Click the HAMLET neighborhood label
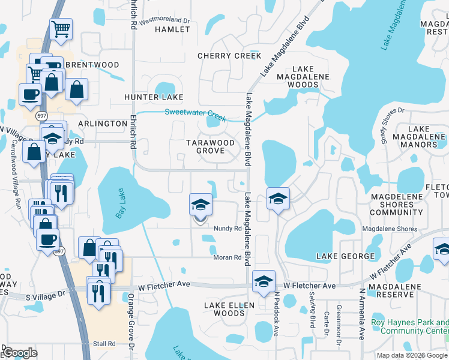tap(172, 29)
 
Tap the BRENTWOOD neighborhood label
tap(92, 65)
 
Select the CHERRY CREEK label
tap(230, 56)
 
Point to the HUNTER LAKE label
tap(153, 97)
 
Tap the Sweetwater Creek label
tap(191, 112)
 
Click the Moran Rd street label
tap(227, 258)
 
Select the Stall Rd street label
tap(104, 344)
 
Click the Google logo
tap(20, 353)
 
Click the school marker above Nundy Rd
tap(200, 206)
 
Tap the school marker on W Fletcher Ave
tap(264, 281)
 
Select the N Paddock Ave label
tap(277, 314)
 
